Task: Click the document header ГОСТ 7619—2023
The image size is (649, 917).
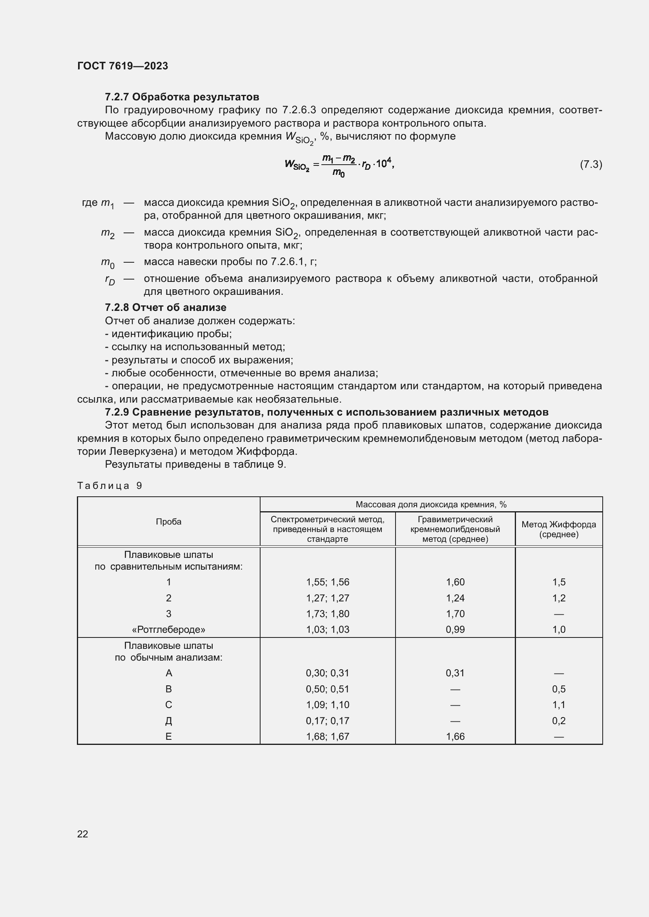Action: click(x=122, y=66)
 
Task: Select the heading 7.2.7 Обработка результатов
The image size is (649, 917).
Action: click(x=182, y=97)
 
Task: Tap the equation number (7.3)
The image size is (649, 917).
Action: click(x=591, y=164)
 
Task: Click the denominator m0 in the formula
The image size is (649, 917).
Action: click(x=338, y=173)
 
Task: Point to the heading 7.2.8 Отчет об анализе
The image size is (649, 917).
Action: click(x=166, y=307)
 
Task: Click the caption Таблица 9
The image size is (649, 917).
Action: click(x=109, y=485)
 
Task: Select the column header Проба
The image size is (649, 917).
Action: click(x=168, y=521)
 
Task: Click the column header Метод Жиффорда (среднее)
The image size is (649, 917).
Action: click(x=558, y=529)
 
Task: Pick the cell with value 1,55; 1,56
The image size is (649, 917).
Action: click(x=327, y=582)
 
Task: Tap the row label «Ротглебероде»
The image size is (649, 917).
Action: click(x=168, y=630)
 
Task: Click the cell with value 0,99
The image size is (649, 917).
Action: click(x=455, y=630)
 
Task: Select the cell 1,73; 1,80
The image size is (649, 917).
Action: click(x=327, y=614)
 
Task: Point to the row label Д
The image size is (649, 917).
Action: click(x=168, y=721)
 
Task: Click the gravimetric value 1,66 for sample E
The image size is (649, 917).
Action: click(x=455, y=737)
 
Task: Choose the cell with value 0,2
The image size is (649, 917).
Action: click(x=558, y=721)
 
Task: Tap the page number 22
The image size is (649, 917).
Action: click(x=83, y=833)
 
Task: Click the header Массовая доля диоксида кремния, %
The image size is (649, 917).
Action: click(x=431, y=505)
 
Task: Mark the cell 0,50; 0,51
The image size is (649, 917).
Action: click(x=327, y=689)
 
